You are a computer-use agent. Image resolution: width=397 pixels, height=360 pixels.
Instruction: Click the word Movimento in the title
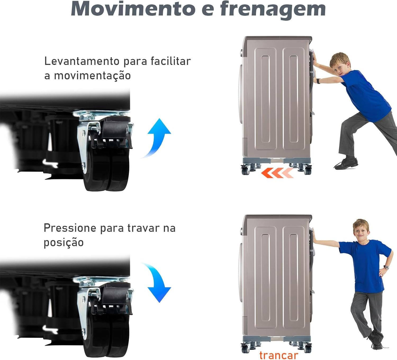(x=133, y=9)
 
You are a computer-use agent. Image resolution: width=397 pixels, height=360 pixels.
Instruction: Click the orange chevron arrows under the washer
(x=277, y=172)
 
